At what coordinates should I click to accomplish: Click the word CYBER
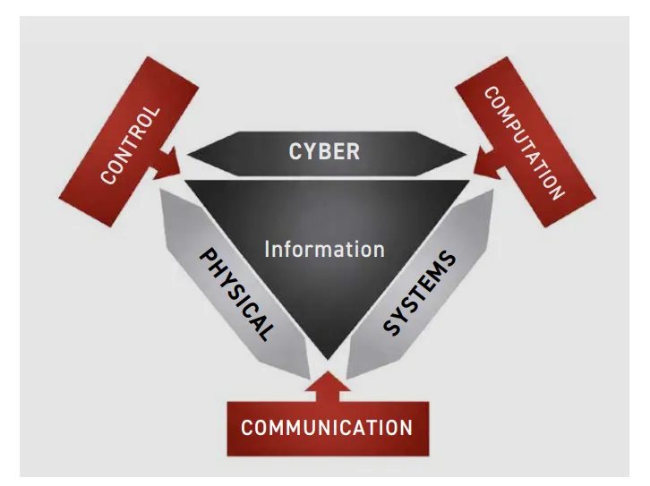pyautogui.click(x=324, y=150)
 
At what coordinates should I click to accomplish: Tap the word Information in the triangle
pyautogui.click(x=324, y=249)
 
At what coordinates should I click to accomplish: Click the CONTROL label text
pyautogui.click(x=131, y=145)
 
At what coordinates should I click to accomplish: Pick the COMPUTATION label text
pyautogui.click(x=525, y=143)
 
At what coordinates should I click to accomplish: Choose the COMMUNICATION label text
pyautogui.click(x=327, y=426)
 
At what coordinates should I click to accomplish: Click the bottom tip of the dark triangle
pyautogui.click(x=326, y=357)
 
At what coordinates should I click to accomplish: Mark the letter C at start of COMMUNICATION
pyautogui.click(x=247, y=426)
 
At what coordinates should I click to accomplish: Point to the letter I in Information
pyautogui.click(x=267, y=249)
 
